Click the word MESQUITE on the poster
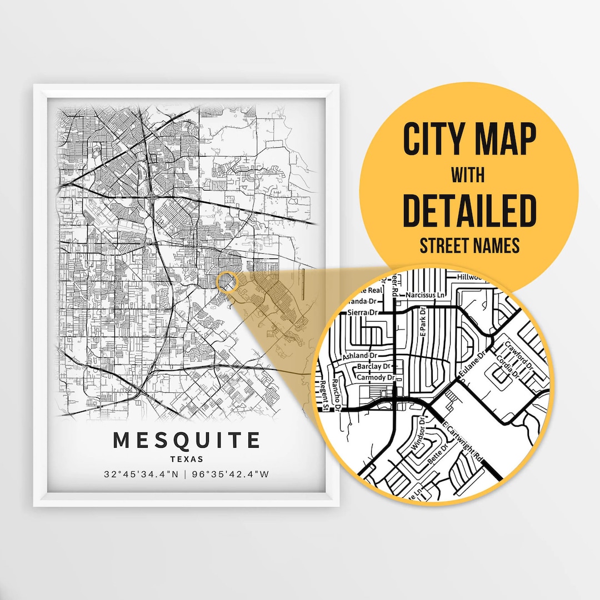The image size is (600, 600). (187, 440)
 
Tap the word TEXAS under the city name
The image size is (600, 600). (187, 459)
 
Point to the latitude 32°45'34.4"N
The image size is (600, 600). (141, 474)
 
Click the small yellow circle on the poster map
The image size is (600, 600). (227, 282)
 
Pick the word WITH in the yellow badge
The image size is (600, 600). (468, 176)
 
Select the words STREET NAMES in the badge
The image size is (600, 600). (469, 245)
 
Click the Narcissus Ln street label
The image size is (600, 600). (426, 294)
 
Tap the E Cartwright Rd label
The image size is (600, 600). (463, 442)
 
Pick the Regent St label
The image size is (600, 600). (324, 396)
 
